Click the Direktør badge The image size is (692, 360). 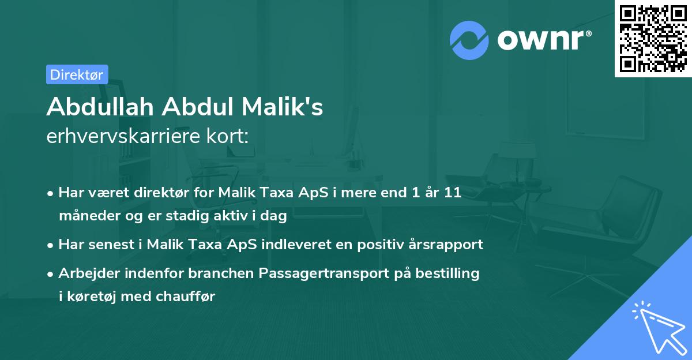(x=76, y=74)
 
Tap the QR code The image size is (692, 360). (x=653, y=38)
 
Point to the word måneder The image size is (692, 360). (x=86, y=217)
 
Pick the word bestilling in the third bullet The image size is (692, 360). (x=450, y=273)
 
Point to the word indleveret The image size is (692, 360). (x=294, y=244)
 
